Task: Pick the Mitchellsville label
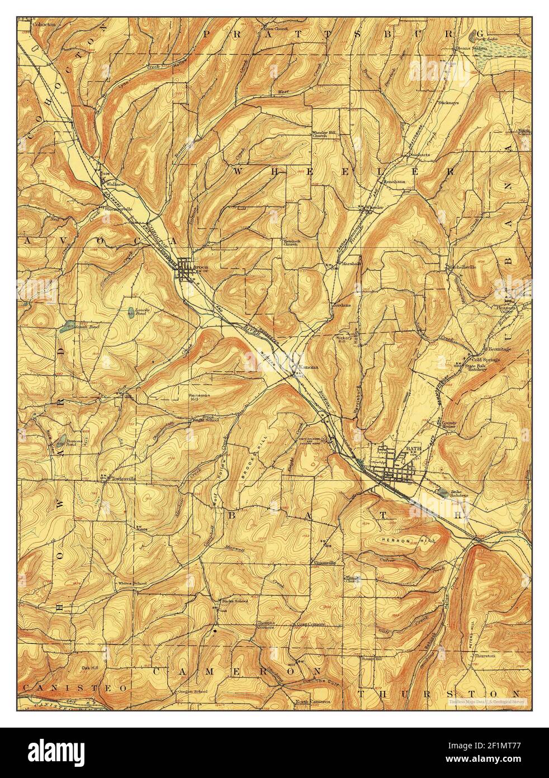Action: [x=462, y=268]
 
